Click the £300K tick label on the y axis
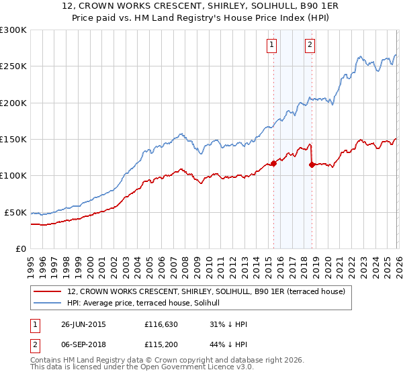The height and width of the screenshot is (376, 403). pyautogui.click(x=13, y=30)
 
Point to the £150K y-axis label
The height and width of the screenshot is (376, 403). pyautogui.click(x=13, y=140)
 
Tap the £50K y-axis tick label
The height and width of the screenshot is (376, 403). pyautogui.click(x=15, y=212)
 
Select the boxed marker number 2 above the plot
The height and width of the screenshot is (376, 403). pyautogui.click(x=310, y=46)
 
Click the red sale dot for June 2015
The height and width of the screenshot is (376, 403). pyautogui.click(x=273, y=163)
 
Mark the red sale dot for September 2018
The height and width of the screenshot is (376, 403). pyautogui.click(x=312, y=164)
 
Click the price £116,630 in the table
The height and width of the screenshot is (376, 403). pyautogui.click(x=162, y=324)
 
